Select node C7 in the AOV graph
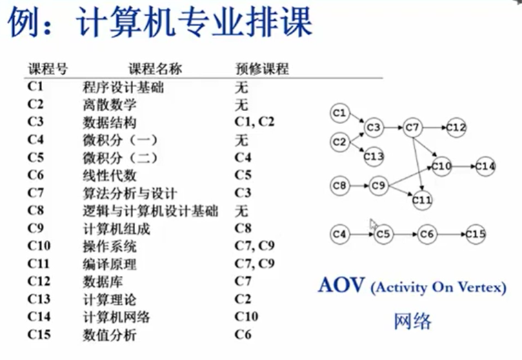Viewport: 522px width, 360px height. pos(412,128)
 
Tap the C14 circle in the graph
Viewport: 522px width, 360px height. pos(485,166)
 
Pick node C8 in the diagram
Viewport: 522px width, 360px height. pos(340,185)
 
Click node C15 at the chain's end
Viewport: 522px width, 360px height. pos(476,234)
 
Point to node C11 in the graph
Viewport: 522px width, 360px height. pos(423,201)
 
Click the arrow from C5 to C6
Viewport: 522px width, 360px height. pos(405,234)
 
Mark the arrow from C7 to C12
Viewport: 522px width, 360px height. pos(434,128)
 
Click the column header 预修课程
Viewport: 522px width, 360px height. pos(261,69)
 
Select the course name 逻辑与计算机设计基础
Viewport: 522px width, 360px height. pos(150,211)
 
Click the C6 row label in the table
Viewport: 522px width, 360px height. pos(36,175)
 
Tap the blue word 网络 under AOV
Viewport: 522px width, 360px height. pos(413,321)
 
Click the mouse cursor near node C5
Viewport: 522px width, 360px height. pos(372,225)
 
